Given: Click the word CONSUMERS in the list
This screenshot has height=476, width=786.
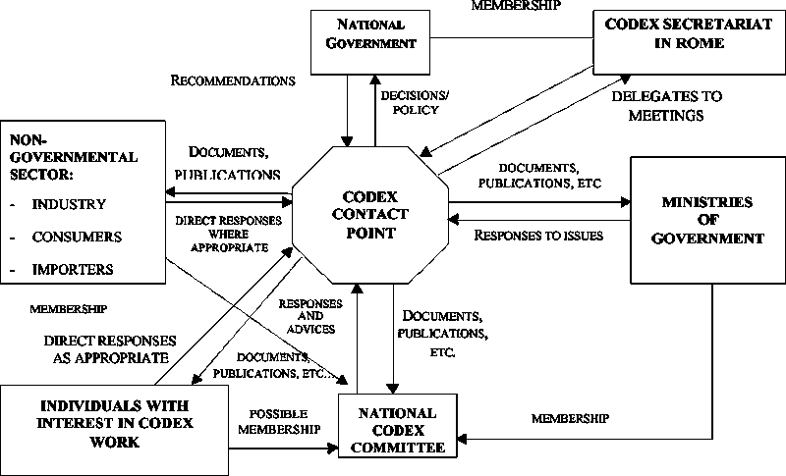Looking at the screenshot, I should point(77,238).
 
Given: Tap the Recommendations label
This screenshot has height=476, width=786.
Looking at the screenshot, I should point(233,79).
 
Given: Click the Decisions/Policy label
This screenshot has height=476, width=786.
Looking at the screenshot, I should point(408,103).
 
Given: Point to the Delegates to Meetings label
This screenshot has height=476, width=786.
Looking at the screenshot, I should point(666,106).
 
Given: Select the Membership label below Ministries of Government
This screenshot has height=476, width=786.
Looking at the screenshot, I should point(570,418).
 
